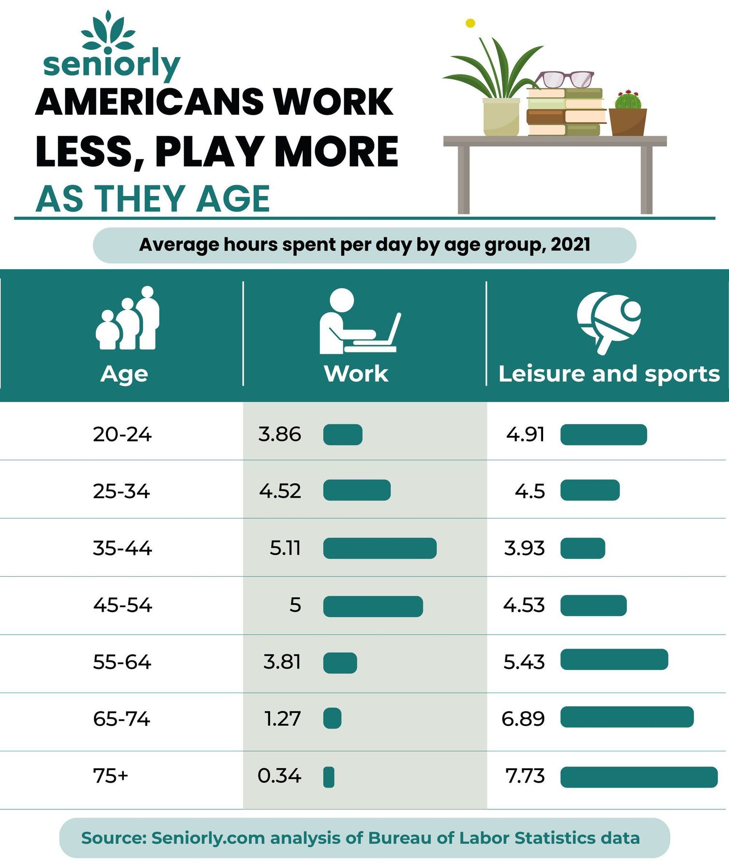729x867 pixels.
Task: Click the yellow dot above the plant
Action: point(470,23)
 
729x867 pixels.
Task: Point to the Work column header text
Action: point(356,374)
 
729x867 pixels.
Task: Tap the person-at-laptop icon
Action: point(359,322)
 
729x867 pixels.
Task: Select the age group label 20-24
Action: point(122,434)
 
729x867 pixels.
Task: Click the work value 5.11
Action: point(285,548)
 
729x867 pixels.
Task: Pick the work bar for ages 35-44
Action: point(380,548)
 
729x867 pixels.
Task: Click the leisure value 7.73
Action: point(525,776)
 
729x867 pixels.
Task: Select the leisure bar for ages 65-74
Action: point(627,717)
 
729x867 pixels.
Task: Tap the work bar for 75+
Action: point(329,777)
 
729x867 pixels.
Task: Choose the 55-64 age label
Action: point(122,662)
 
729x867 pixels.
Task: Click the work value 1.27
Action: point(283,718)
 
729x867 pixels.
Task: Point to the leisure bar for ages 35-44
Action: point(583,548)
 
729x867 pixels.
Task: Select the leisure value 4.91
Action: point(526,434)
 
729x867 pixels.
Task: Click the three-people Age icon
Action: point(127,319)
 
